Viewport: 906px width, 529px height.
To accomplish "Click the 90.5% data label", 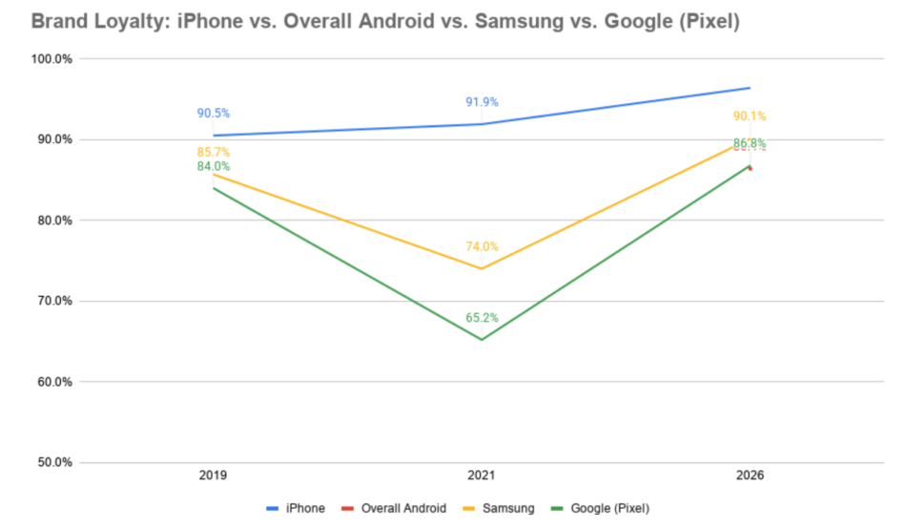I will click(x=214, y=113).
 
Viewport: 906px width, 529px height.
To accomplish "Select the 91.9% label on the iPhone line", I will click(x=482, y=102).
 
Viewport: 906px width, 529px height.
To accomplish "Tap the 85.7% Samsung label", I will click(x=214, y=152).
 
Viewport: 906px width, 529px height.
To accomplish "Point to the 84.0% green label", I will click(x=214, y=166).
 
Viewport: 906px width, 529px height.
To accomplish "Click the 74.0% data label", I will click(x=482, y=246).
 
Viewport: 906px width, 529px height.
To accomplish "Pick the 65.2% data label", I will click(x=482, y=318).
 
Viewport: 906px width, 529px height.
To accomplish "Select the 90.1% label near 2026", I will click(x=750, y=116).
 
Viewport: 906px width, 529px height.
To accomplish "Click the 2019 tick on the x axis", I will click(x=214, y=474).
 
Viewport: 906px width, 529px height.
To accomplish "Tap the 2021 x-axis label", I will click(x=482, y=474).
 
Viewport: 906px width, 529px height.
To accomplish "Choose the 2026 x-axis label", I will click(x=750, y=474).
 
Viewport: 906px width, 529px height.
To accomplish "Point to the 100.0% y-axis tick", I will click(x=52, y=59).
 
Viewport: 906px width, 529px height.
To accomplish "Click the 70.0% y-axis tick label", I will click(x=54, y=301).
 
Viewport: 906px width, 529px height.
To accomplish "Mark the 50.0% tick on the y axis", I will click(x=54, y=462).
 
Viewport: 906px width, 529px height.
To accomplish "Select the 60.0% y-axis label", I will click(x=54, y=382).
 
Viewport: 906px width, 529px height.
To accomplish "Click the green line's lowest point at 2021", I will click(x=482, y=340).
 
